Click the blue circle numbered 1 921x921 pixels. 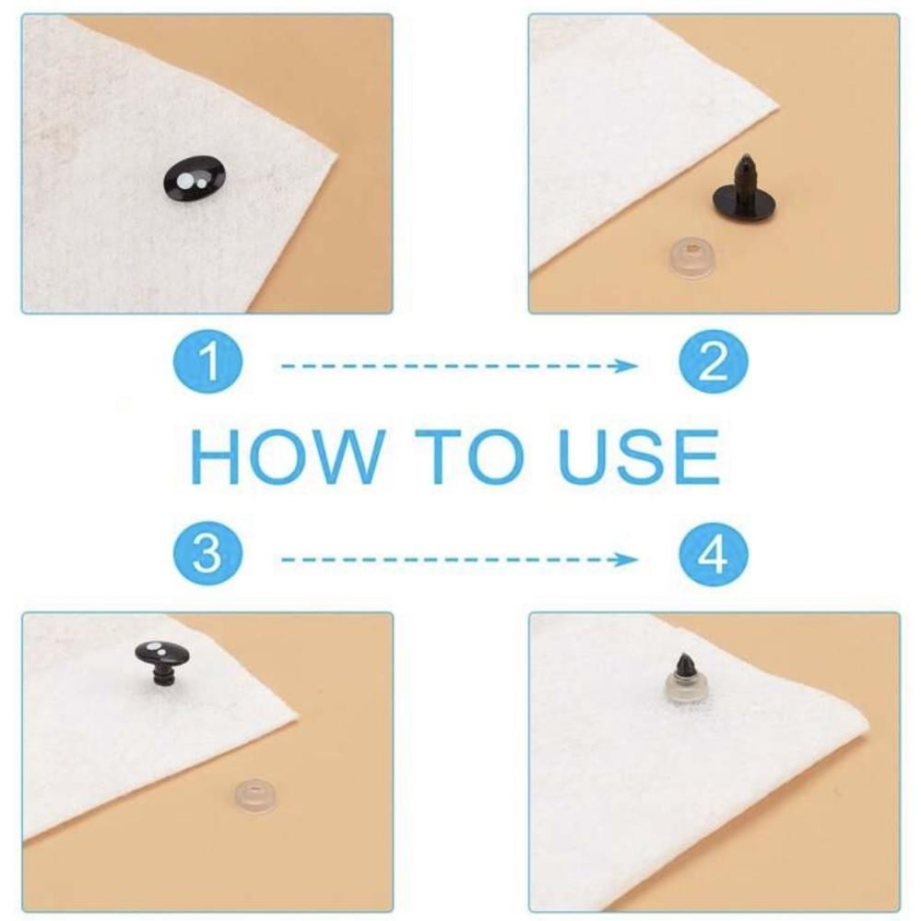[x=208, y=360]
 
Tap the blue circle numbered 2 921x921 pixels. [x=714, y=360]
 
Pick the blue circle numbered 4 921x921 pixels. [x=714, y=554]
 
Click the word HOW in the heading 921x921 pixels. [x=288, y=455]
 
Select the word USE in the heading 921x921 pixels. [x=639, y=455]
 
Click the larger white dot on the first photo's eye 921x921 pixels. [x=184, y=180]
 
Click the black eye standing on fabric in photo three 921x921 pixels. [x=161, y=664]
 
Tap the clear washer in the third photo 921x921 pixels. [x=255, y=794]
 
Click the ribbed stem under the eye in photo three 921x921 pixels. [x=161, y=679]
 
